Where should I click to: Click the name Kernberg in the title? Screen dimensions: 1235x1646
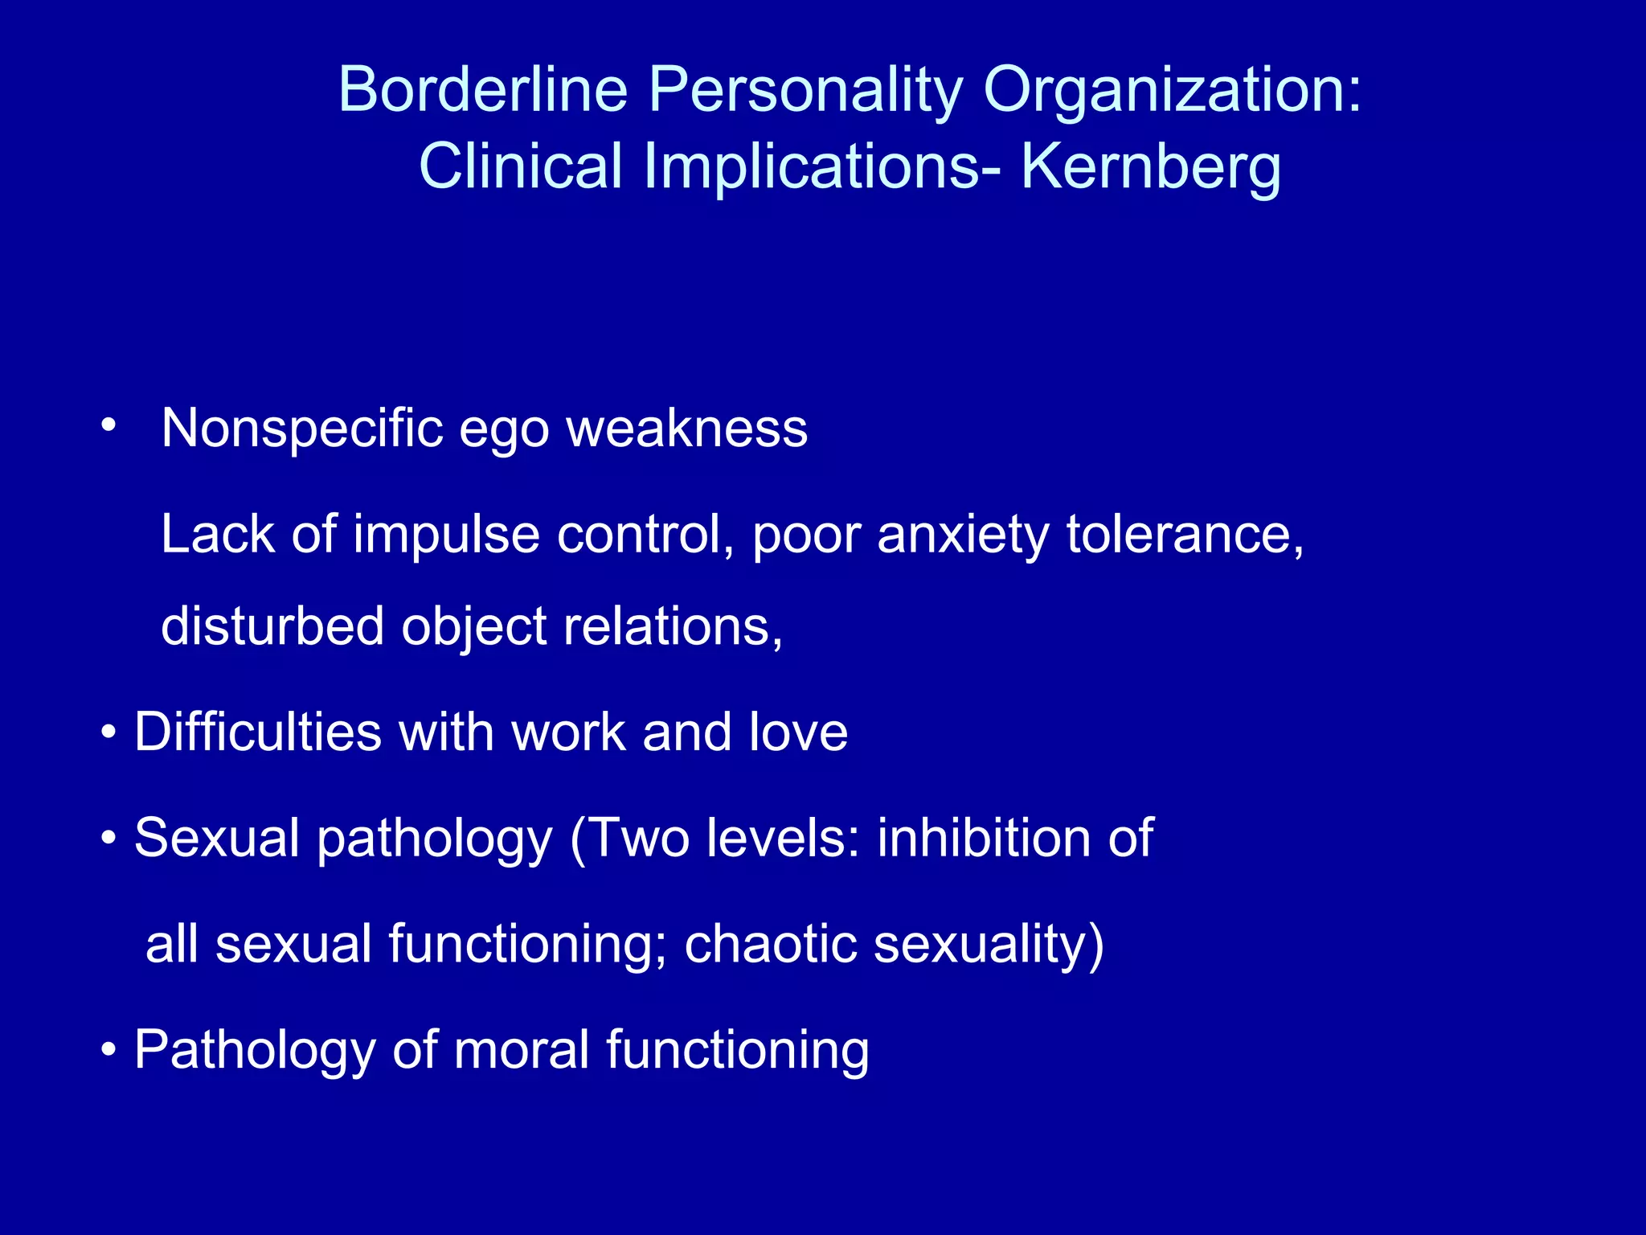[1151, 167]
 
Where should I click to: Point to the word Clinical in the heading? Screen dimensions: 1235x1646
[521, 166]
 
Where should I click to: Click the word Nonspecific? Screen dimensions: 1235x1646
[302, 428]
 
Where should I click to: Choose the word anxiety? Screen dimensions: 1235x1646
[963, 535]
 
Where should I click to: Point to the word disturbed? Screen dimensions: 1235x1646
[272, 626]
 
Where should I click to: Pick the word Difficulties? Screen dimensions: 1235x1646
[258, 732]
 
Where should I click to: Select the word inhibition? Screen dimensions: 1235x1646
[985, 838]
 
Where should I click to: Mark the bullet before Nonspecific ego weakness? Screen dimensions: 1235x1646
[109, 425]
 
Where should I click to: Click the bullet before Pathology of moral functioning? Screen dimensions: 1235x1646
[109, 1049]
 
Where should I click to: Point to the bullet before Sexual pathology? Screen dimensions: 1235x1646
[109, 839]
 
